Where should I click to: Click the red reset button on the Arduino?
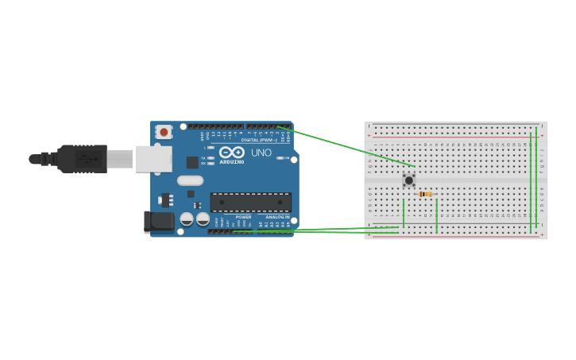(164, 132)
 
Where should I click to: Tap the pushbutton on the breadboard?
(409, 180)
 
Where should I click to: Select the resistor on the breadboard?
(426, 194)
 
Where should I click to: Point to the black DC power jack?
(158, 222)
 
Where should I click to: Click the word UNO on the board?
(261, 153)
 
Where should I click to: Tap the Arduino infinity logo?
(232, 152)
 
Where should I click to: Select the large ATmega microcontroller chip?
(250, 202)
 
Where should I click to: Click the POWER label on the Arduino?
(243, 217)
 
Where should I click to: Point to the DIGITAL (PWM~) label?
(259, 140)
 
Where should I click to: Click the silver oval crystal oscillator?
(191, 180)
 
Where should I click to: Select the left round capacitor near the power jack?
(187, 218)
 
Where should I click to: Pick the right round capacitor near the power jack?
(203, 218)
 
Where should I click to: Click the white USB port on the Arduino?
(153, 159)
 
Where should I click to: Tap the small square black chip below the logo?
(192, 162)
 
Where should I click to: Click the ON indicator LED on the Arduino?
(284, 158)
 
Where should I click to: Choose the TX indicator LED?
(210, 158)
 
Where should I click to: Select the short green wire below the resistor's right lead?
(436, 216)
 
